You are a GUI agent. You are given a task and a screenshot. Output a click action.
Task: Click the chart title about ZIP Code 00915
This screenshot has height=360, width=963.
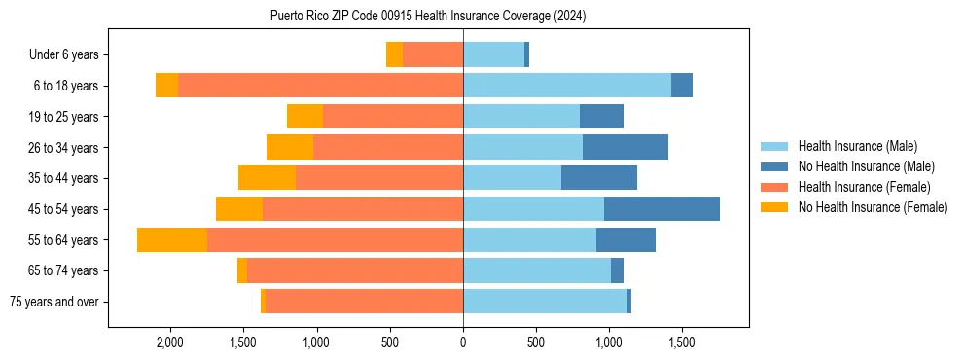(x=428, y=17)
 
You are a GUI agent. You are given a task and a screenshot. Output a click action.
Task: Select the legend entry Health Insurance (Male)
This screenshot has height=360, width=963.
(x=857, y=146)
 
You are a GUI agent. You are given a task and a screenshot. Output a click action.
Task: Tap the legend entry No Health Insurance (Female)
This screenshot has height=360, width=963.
(x=873, y=207)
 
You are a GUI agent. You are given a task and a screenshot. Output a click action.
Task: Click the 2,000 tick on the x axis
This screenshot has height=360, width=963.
(x=169, y=342)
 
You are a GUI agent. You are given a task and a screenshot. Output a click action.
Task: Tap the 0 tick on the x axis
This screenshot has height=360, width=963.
(x=463, y=342)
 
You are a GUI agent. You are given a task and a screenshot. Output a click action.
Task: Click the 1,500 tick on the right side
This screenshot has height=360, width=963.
(x=682, y=342)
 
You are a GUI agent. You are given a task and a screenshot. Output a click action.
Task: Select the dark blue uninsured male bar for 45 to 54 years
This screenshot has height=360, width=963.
(x=661, y=209)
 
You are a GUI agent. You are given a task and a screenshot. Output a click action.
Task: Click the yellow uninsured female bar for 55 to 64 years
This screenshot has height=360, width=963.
(x=172, y=240)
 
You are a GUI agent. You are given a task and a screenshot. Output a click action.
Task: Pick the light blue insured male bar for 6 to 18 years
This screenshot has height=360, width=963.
(x=567, y=86)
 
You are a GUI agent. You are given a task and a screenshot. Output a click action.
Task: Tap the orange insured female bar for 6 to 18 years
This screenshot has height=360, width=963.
(x=320, y=86)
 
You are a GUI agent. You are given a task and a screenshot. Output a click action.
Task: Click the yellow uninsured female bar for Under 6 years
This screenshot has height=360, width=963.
(x=394, y=55)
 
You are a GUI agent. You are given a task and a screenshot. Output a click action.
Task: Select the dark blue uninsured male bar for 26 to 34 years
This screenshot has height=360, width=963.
(x=625, y=148)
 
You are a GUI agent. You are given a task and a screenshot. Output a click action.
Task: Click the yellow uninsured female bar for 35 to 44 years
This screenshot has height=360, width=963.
(x=267, y=178)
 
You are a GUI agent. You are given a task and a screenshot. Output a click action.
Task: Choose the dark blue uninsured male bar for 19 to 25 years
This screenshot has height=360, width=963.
(x=601, y=117)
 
